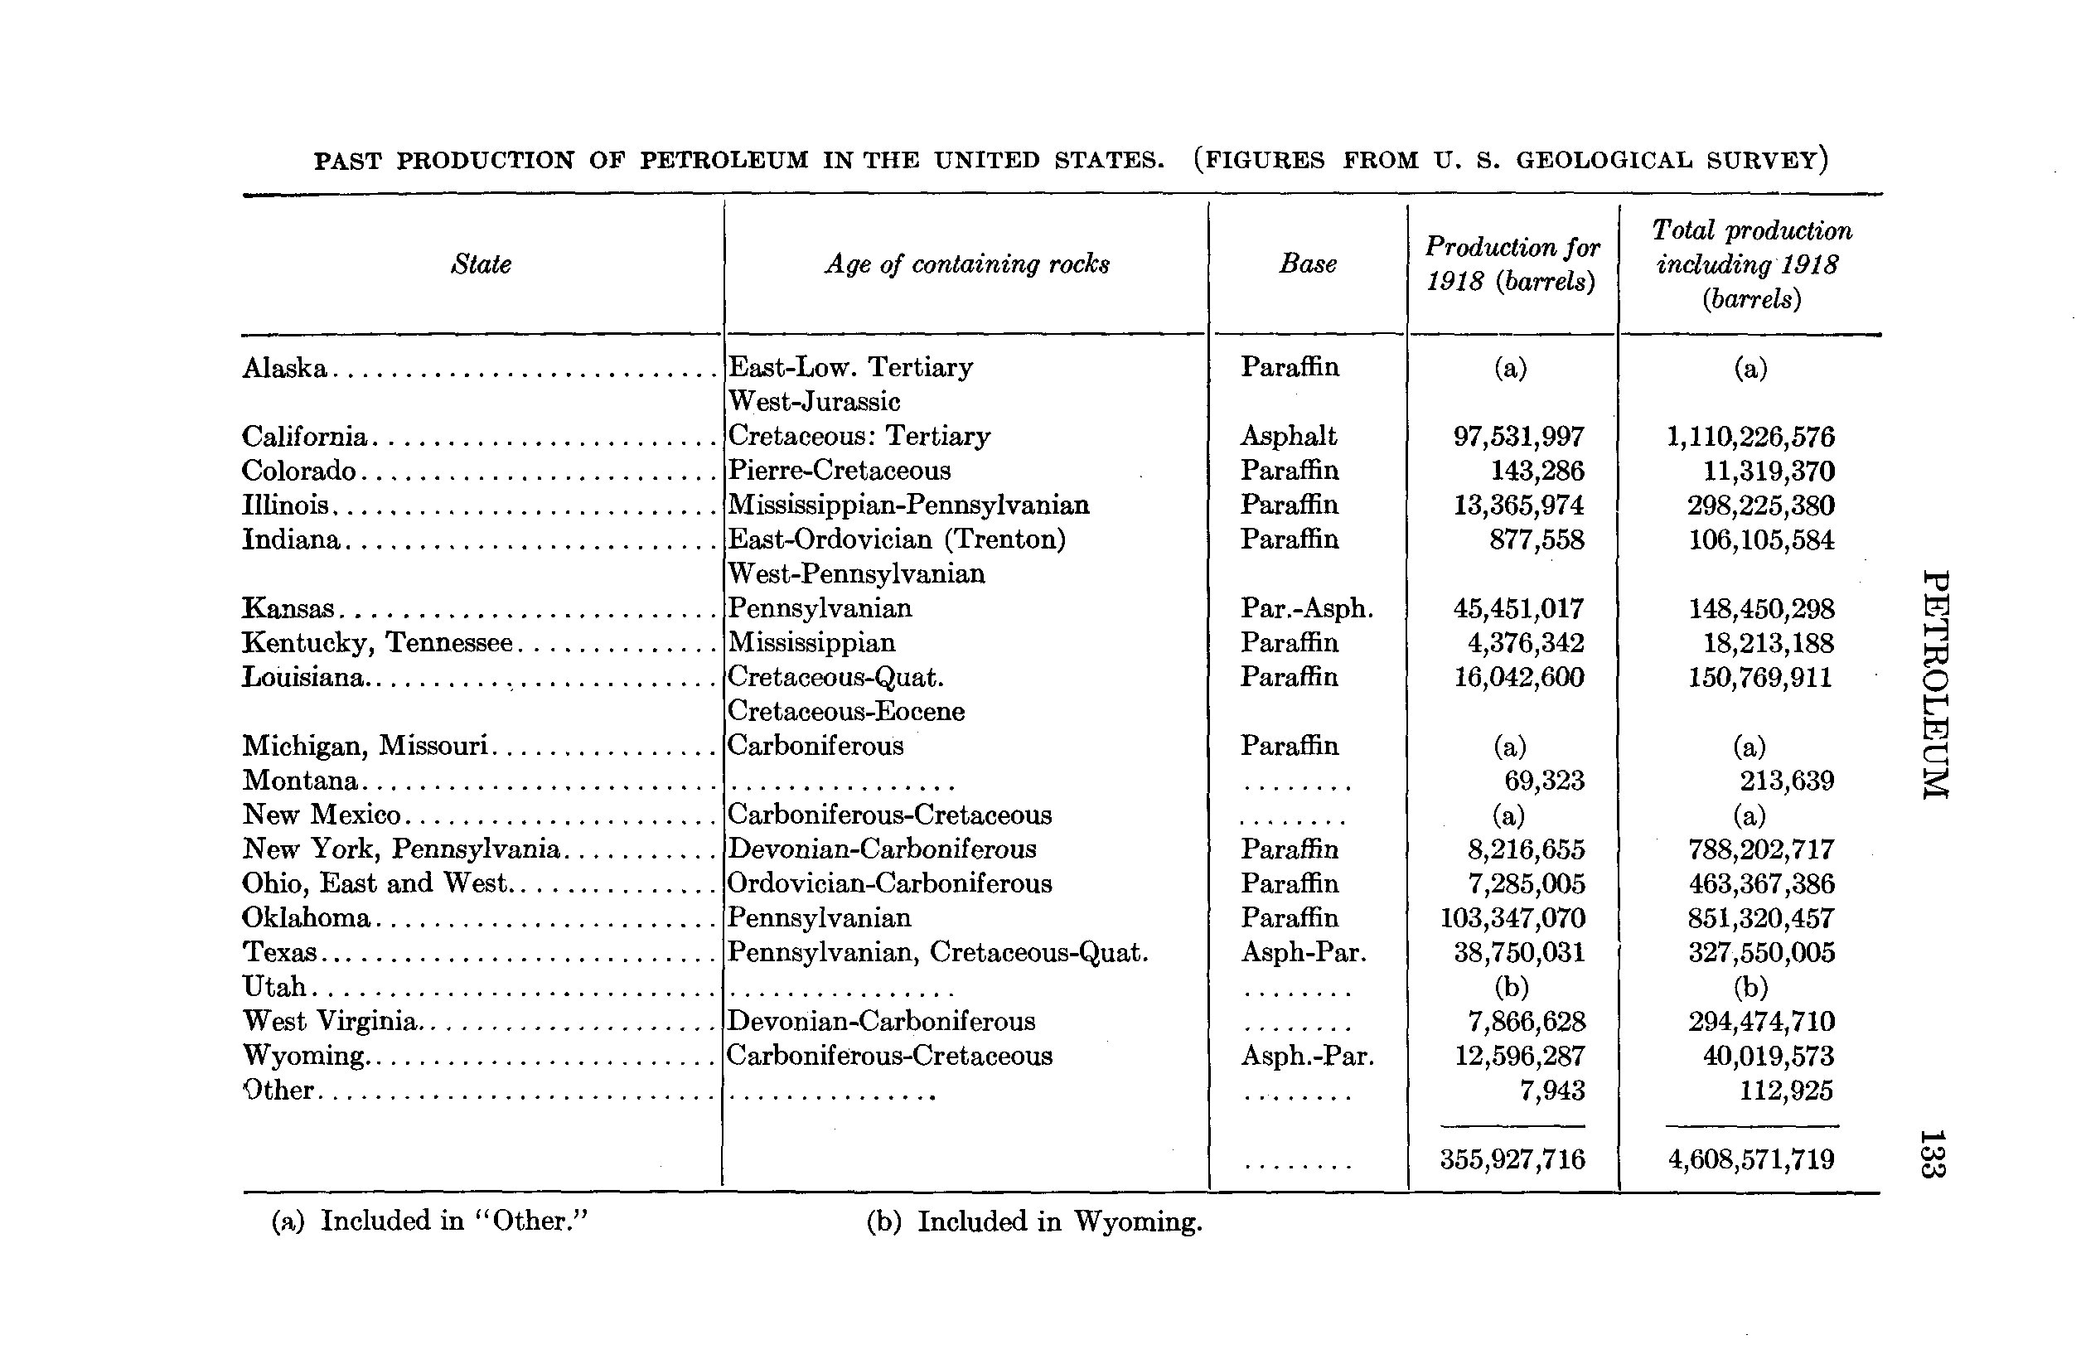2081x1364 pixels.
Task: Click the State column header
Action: tap(481, 264)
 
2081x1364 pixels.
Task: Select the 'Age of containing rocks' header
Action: tap(967, 264)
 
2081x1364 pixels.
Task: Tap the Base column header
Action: tap(1308, 264)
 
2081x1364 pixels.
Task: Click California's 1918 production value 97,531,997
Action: tap(1519, 437)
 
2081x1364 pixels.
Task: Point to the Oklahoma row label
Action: tap(306, 918)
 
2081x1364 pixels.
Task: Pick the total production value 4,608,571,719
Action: tap(1751, 1160)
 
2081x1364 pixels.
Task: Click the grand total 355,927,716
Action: tap(1512, 1160)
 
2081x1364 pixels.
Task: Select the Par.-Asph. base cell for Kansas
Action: tap(1307, 608)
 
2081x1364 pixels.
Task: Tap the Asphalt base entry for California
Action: tap(1289, 437)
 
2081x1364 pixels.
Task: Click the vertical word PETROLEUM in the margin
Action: tap(1936, 684)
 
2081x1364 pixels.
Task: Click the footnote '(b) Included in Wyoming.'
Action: tap(1034, 1221)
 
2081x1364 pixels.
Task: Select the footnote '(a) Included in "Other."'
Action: tap(429, 1221)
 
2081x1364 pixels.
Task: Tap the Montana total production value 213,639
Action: tap(1786, 781)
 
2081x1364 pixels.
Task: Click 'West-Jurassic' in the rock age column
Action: tap(814, 402)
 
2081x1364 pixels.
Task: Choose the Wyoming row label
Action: tap(303, 1057)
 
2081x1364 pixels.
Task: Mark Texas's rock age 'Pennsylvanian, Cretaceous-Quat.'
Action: tap(937, 952)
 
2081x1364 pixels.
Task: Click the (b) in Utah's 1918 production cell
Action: tap(1512, 987)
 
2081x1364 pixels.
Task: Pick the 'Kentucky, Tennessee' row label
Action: tap(377, 643)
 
